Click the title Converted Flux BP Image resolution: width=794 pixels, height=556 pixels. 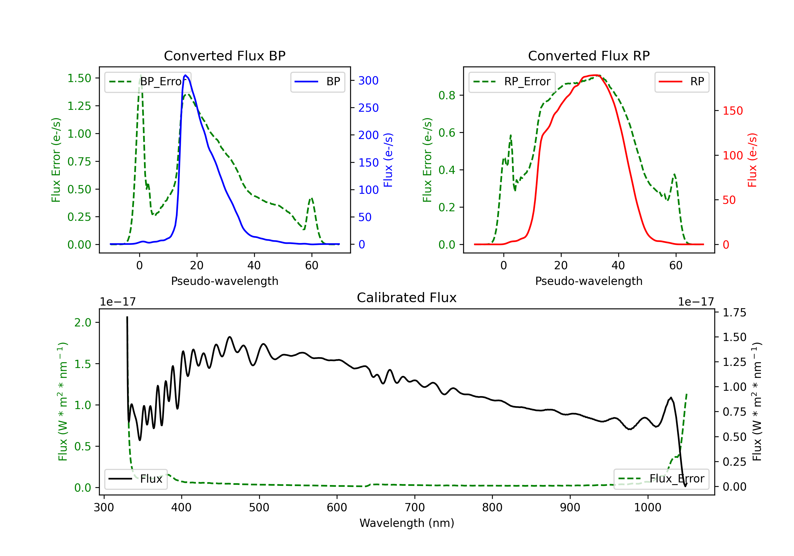224,56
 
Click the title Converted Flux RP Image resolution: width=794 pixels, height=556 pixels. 589,56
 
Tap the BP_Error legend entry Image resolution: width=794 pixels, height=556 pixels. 148,82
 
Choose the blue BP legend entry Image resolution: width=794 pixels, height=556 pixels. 317,82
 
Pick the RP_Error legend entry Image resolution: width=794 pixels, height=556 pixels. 512,82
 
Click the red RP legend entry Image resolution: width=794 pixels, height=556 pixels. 681,82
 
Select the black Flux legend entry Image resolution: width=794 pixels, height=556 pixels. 136,479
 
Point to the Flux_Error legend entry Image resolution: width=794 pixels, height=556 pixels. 661,479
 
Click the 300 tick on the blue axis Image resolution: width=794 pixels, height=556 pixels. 368,80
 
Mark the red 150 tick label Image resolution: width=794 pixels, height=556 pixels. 733,111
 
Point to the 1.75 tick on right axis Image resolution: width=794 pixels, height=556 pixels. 734,312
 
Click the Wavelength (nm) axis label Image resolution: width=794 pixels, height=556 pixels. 407,523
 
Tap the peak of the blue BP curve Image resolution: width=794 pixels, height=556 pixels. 185,75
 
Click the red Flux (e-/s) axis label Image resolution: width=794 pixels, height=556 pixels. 752,160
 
